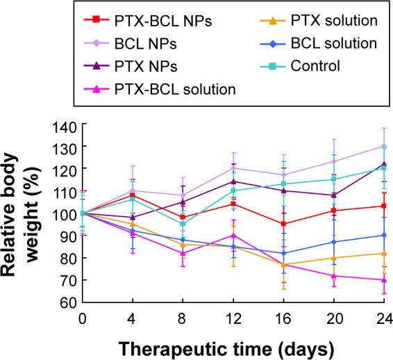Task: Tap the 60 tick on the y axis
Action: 67,303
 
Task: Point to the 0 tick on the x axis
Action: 83,318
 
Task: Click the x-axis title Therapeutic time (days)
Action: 217,345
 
